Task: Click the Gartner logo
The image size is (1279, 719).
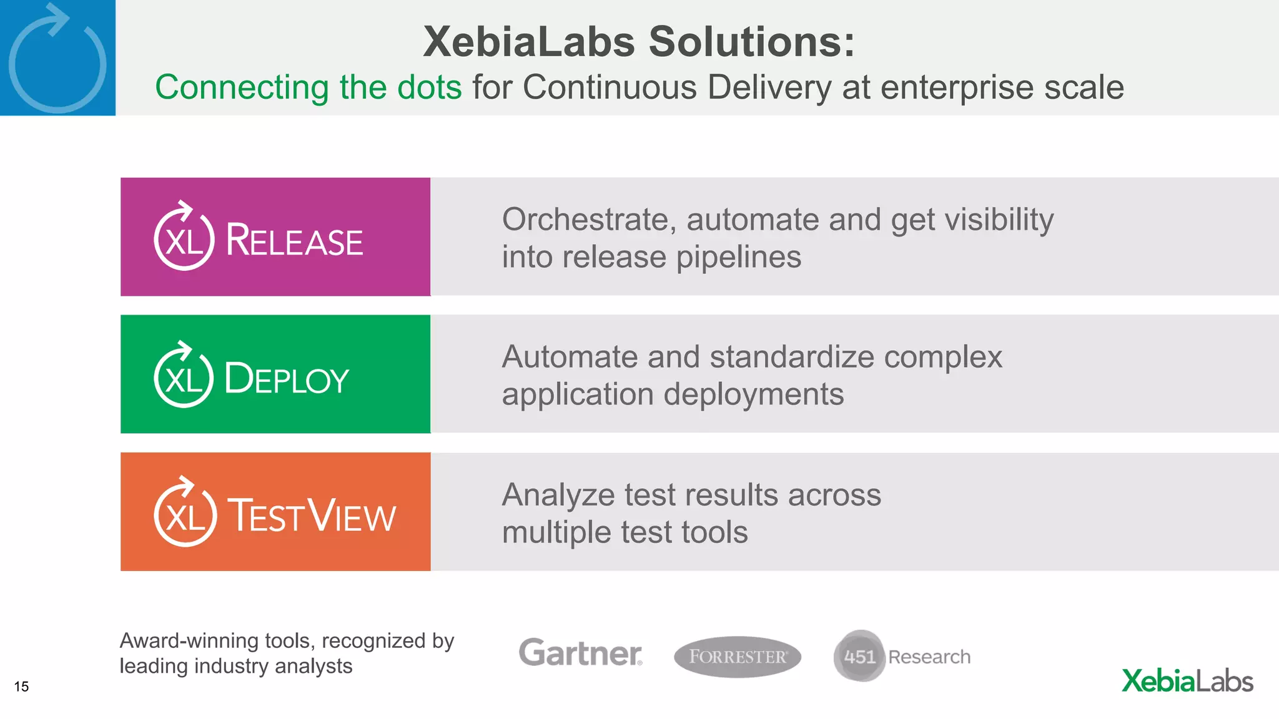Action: (580, 653)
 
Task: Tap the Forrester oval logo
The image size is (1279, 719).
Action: (738, 657)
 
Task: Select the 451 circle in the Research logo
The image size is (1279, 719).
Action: (859, 656)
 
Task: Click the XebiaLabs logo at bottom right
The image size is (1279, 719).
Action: (1187, 681)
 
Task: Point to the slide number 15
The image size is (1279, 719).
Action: (21, 687)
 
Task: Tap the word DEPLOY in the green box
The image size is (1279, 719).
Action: (287, 378)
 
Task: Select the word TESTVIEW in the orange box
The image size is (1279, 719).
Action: (311, 516)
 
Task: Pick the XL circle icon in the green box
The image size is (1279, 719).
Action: (184, 376)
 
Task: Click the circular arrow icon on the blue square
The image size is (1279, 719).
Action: (57, 60)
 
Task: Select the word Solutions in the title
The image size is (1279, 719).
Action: (751, 42)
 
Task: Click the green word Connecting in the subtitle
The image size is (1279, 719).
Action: (242, 87)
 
